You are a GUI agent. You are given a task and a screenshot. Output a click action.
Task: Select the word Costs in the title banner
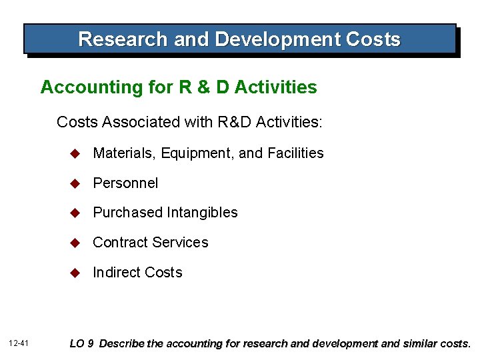373,39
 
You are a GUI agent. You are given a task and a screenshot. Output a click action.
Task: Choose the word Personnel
125,183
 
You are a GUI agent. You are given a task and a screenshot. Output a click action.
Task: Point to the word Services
181,243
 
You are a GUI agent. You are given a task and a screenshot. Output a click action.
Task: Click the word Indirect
117,272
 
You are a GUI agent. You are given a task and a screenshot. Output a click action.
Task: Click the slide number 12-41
19,343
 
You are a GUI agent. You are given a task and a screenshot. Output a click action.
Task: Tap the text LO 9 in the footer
83,344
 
